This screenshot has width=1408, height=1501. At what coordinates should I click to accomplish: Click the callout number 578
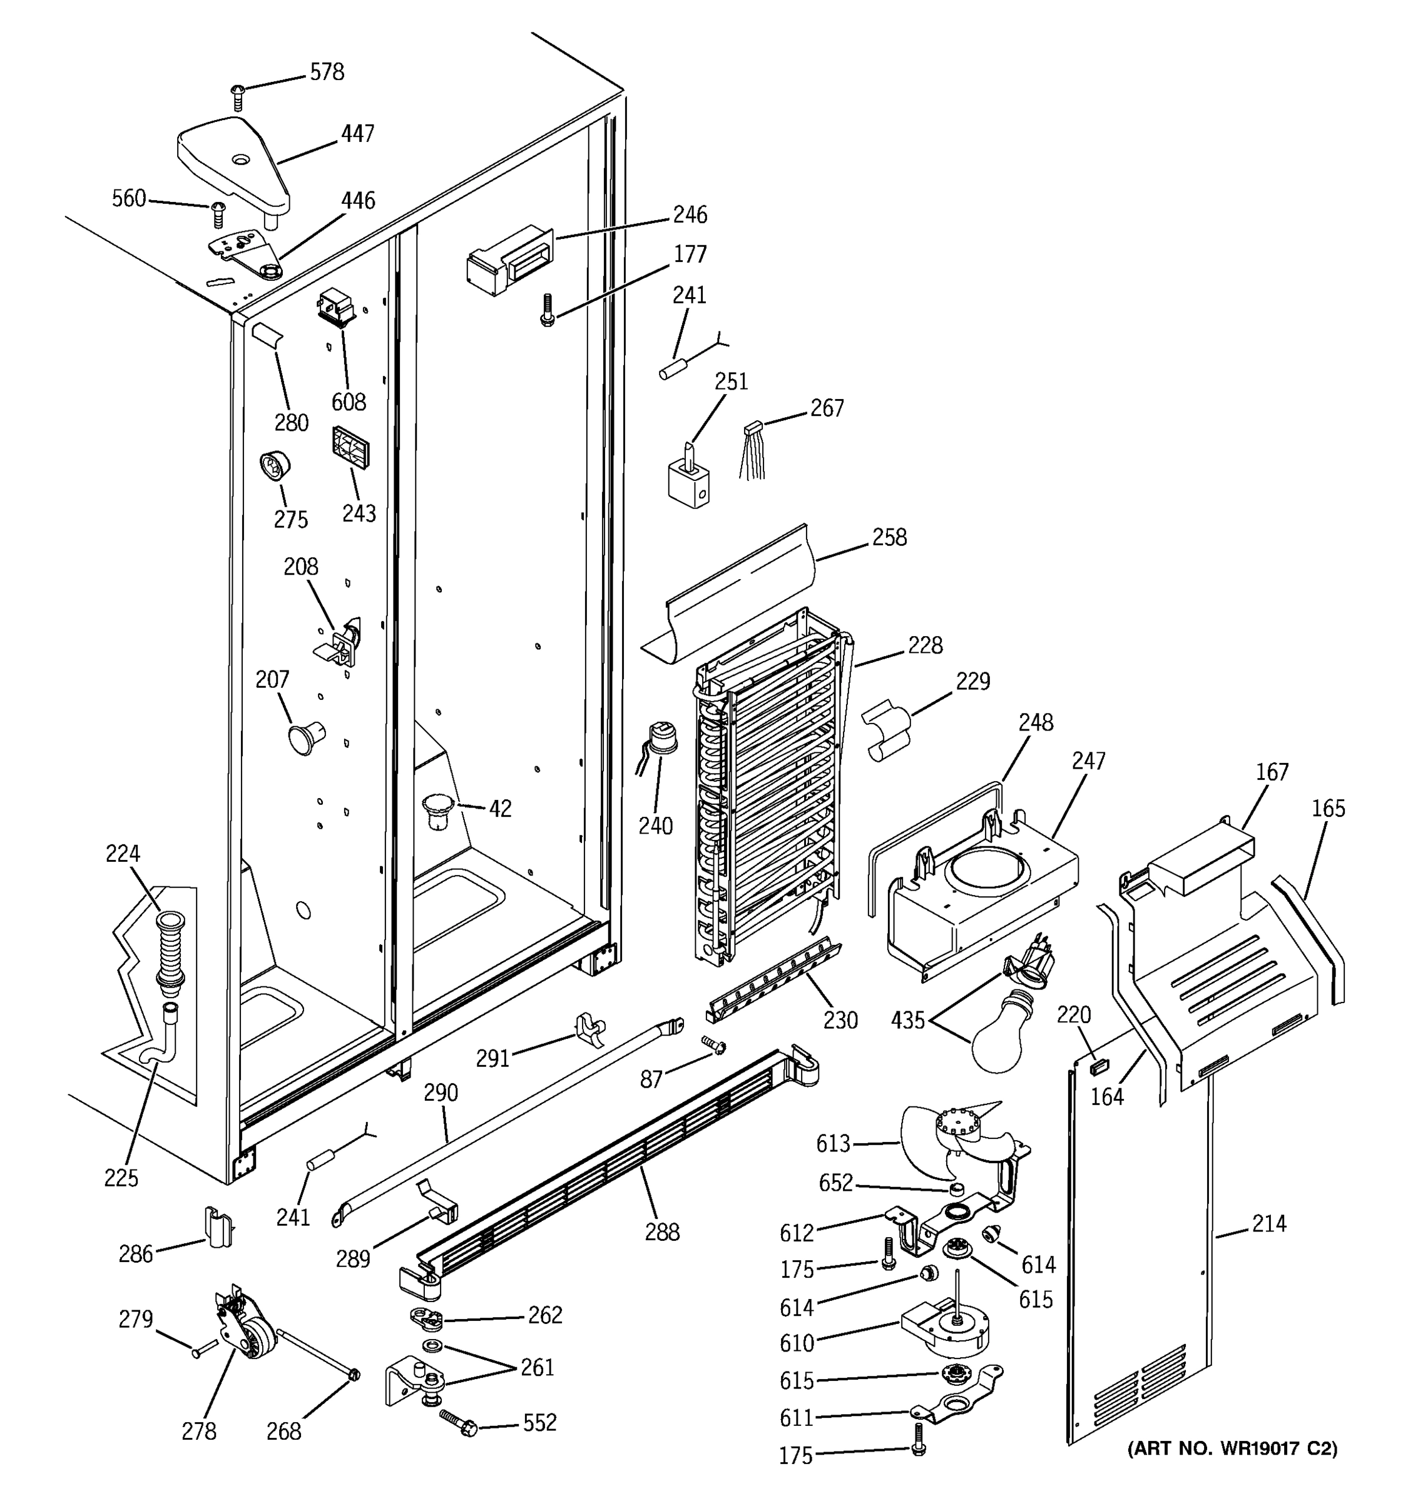pos(327,73)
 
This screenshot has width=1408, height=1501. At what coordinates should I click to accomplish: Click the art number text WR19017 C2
pos(1232,1448)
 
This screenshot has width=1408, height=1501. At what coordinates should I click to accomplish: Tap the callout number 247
pos(1088,761)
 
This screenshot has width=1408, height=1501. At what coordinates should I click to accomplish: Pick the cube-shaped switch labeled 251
pos(689,483)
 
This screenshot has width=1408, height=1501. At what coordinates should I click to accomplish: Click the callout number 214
pos(1268,1223)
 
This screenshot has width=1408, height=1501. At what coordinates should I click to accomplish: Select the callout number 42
pos(499,809)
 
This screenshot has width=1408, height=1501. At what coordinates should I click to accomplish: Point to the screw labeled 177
pos(546,310)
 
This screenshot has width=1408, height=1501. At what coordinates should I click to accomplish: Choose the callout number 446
pos(357,201)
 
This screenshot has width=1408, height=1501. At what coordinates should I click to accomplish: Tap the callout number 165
pos(1328,809)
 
